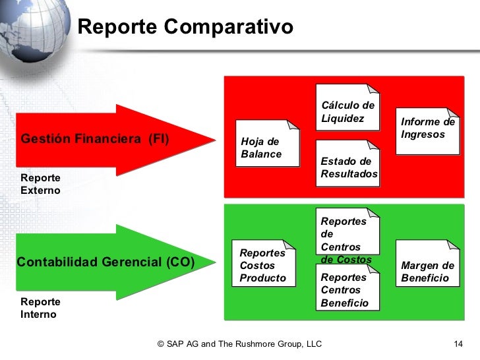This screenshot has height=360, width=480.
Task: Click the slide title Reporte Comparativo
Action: point(185,27)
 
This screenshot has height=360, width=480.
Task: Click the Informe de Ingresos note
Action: point(427,130)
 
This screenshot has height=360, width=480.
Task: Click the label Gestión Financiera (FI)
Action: point(95,139)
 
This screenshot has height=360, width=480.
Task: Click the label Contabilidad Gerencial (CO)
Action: point(105,262)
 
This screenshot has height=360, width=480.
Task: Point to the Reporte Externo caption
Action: point(40,184)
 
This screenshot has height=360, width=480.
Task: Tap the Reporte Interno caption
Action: point(40,308)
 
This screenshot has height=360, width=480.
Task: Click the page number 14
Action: point(460,344)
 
